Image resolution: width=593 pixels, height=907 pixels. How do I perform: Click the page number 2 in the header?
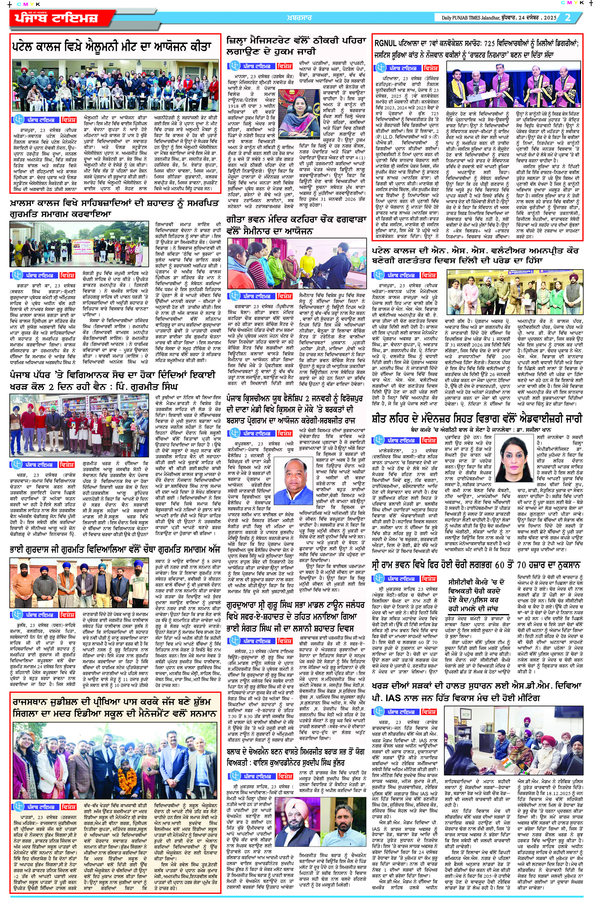click(x=568, y=17)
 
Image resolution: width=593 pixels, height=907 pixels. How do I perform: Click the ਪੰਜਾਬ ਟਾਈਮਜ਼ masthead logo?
click(x=56, y=18)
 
